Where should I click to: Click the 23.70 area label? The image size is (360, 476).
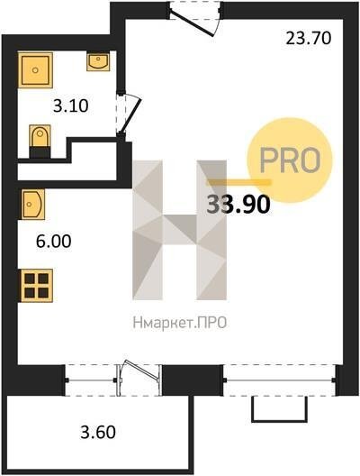click(x=309, y=39)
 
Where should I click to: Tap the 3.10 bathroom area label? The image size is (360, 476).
click(x=70, y=106)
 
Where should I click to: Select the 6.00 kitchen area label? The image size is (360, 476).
click(x=54, y=242)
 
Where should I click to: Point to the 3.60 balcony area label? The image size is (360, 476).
click(x=98, y=433)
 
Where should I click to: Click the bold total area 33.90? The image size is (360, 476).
click(x=238, y=205)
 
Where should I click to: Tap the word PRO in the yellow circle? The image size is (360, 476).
click(x=290, y=160)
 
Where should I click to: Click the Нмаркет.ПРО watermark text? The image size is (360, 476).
click(x=180, y=323)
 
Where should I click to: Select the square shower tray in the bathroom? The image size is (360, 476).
click(x=35, y=70)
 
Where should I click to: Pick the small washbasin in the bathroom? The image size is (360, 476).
click(x=98, y=61)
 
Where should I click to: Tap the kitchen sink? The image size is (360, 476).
click(x=32, y=204)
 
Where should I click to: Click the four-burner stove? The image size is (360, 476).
click(x=36, y=286)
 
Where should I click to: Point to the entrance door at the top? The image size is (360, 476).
click(x=195, y=19)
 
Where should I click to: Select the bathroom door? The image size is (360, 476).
click(x=129, y=114)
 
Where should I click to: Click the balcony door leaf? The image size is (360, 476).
click(x=142, y=371)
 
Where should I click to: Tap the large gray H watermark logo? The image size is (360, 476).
click(x=179, y=230)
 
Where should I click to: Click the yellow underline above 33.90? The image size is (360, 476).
click(x=238, y=182)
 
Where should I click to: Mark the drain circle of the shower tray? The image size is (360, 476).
click(x=35, y=70)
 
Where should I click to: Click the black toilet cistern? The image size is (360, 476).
click(x=40, y=152)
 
